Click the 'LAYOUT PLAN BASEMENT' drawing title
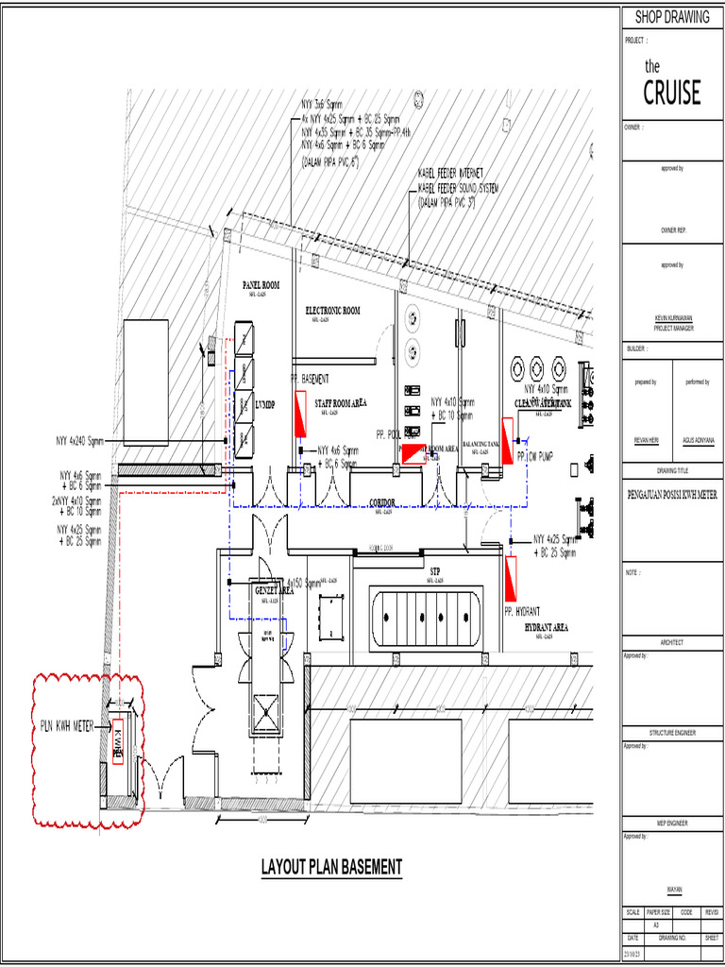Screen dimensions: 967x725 coord(331,867)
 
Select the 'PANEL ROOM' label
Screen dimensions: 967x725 coord(261,284)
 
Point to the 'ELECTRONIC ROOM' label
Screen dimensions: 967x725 coord(332,310)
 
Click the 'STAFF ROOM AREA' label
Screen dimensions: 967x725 coord(340,403)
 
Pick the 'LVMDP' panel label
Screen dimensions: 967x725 coord(266,404)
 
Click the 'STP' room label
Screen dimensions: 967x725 coord(435,571)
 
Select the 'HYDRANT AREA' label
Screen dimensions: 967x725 coord(546,627)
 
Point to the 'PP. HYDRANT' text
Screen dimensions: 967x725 coord(530,612)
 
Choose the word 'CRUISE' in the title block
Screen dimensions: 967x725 coord(672,93)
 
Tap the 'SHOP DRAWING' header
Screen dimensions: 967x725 coord(671,17)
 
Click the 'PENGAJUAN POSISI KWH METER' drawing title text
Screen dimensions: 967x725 coord(671,494)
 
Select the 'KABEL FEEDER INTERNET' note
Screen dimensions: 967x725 coord(450,174)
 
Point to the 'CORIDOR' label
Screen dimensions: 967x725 coord(381,502)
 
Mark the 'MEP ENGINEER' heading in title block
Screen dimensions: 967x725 coord(672,823)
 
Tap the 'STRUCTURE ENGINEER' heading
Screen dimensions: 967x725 coord(672,733)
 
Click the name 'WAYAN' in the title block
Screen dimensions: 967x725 coord(672,889)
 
